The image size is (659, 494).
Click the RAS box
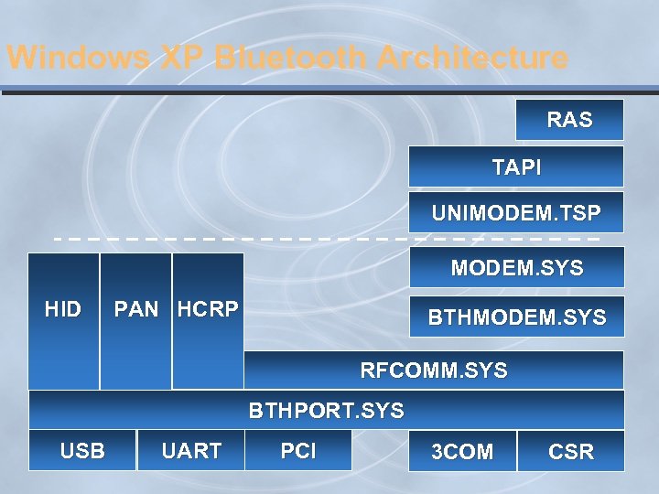tap(569, 120)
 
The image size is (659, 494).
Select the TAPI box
tap(516, 167)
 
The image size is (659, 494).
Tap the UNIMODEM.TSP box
tap(516, 213)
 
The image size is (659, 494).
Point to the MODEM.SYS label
tap(516, 269)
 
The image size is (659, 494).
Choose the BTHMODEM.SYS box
tap(516, 317)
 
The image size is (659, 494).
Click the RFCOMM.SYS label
tap(433, 370)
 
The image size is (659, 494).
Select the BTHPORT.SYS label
tap(326, 411)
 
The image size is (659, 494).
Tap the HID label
tap(62, 309)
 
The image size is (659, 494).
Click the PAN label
tap(135, 309)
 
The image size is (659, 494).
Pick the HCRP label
tap(208, 309)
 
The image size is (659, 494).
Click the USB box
tap(82, 450)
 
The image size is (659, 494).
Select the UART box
tap(190, 450)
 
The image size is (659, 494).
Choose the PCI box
tap(298, 450)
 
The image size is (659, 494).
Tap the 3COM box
tap(462, 451)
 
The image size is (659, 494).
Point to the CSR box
tap(570, 451)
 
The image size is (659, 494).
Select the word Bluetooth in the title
tap(292, 59)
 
